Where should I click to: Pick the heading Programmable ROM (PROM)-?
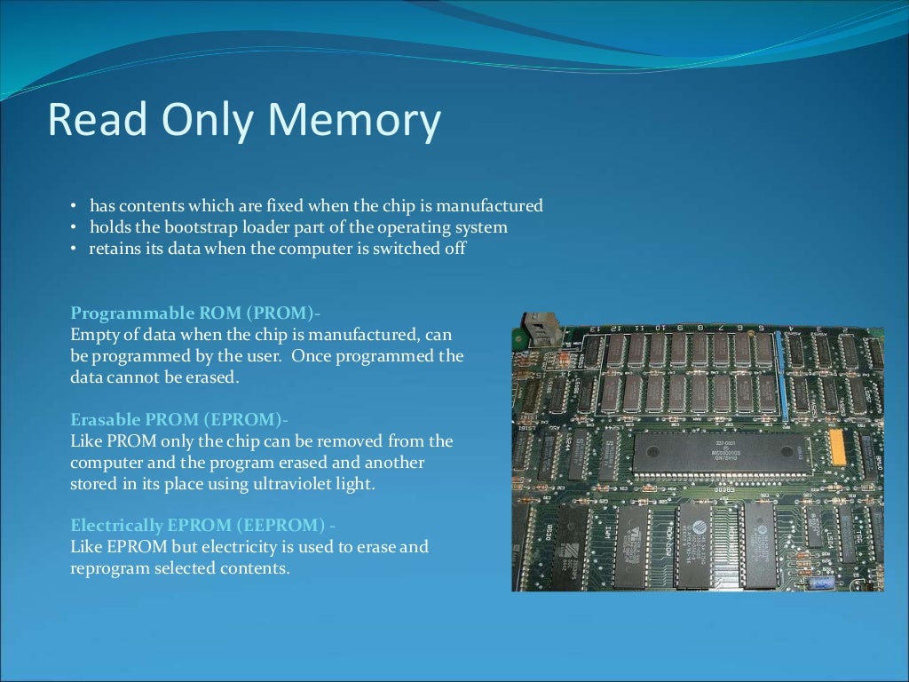(195, 313)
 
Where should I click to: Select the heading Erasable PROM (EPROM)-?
(179, 419)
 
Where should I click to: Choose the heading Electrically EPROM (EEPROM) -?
(203, 526)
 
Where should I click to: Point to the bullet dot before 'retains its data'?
(75, 250)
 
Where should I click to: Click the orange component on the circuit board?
(836, 448)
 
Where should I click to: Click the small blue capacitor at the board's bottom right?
(821, 582)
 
